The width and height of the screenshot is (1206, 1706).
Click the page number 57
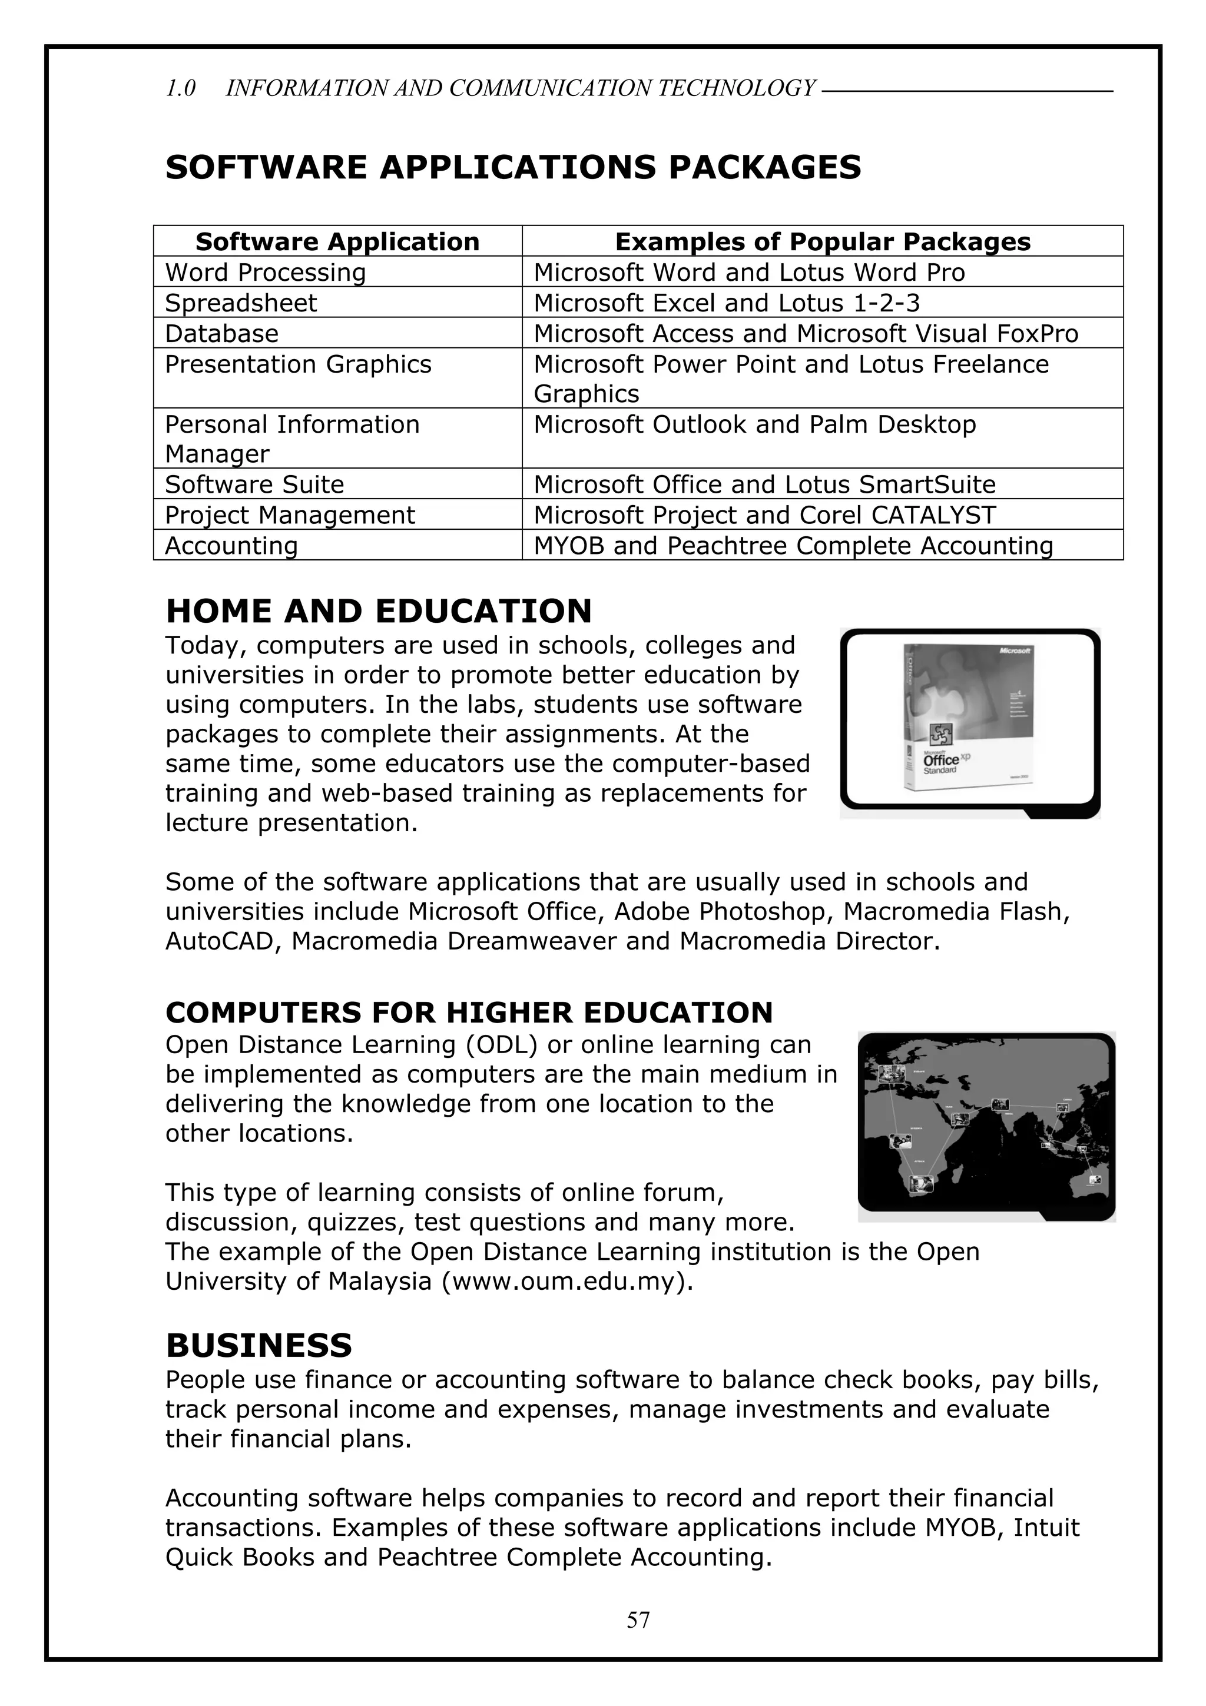tap(638, 1619)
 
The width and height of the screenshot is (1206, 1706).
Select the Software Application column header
tap(337, 241)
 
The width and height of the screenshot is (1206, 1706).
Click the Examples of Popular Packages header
tap(823, 241)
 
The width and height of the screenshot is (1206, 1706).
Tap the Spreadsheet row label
tap(241, 303)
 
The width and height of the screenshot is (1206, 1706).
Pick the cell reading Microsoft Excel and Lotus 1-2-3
tap(726, 303)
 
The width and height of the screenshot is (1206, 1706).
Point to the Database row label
tap(221, 334)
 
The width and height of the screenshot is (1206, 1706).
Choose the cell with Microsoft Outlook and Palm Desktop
tap(754, 424)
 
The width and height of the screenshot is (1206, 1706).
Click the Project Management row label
tap(290, 515)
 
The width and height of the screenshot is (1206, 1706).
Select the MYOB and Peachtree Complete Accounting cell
tap(793, 545)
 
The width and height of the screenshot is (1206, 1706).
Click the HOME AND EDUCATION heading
tap(378, 611)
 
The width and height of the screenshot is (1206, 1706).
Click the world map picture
tap(986, 1125)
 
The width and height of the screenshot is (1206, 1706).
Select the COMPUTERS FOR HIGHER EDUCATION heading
tap(469, 1013)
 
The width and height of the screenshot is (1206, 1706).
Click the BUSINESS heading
tap(259, 1346)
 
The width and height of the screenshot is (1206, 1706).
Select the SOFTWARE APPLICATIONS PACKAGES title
tap(513, 167)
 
